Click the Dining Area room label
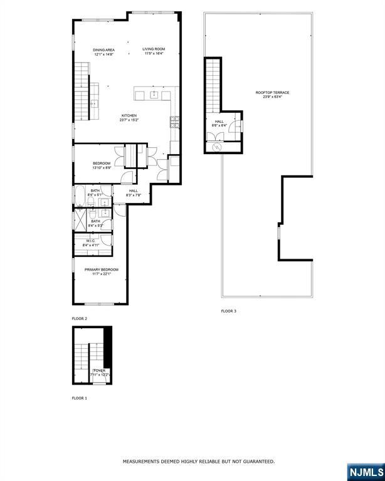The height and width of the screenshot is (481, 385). tap(103, 49)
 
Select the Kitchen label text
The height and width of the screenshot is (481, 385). tap(129, 115)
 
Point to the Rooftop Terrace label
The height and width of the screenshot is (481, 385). tap(272, 93)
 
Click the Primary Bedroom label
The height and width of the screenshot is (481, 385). tap(101, 269)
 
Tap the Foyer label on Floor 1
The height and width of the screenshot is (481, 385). tap(99, 371)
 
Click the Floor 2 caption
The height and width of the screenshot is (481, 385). tap(79, 319)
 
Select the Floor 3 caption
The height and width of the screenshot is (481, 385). tap(228, 311)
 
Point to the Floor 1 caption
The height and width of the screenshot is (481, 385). tap(79, 398)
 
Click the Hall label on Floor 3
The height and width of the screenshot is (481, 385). tap(219, 122)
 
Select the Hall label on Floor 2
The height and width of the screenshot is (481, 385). tap(134, 190)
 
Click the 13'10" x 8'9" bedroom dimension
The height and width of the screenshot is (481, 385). tap(102, 168)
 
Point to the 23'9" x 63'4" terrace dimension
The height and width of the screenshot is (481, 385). tap(272, 97)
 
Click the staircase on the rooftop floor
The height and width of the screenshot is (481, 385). tap(214, 84)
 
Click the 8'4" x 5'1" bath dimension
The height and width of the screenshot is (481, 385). tap(95, 195)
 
